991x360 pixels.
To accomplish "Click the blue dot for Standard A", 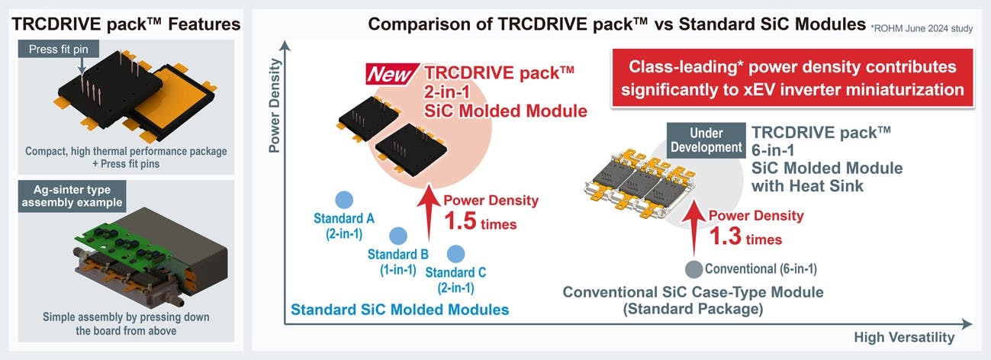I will [x=343, y=198].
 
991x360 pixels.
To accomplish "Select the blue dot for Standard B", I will [x=397, y=236].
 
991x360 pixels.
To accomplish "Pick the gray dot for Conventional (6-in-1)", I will [x=693, y=268].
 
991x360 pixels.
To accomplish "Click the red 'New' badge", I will [x=392, y=76].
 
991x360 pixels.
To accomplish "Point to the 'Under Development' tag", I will [x=705, y=140].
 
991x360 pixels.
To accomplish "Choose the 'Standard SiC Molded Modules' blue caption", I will [x=400, y=310].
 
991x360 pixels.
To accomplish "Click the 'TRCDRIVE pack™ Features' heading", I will [x=125, y=24].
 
